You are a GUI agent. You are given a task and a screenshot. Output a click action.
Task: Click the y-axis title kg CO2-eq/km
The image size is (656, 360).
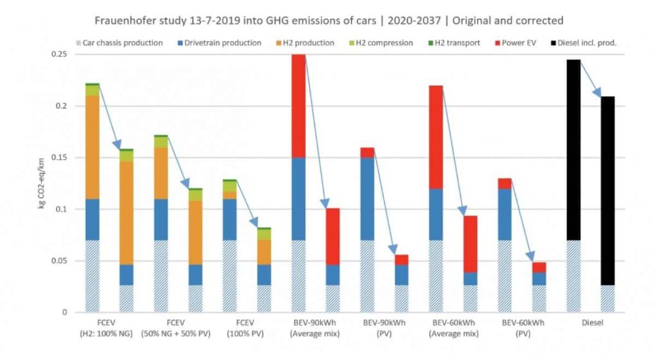(x=42, y=183)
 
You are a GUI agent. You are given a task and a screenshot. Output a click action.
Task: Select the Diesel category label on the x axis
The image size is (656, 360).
(x=590, y=323)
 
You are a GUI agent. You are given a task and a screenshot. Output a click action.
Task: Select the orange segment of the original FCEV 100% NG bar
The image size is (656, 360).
(x=92, y=147)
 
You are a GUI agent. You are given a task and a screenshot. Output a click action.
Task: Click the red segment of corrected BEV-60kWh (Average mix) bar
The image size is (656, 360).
(x=470, y=244)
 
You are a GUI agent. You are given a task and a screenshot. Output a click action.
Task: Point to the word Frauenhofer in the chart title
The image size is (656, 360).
(x=125, y=20)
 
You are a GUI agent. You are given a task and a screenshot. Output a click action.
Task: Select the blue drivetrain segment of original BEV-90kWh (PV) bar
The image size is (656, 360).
(x=367, y=199)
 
